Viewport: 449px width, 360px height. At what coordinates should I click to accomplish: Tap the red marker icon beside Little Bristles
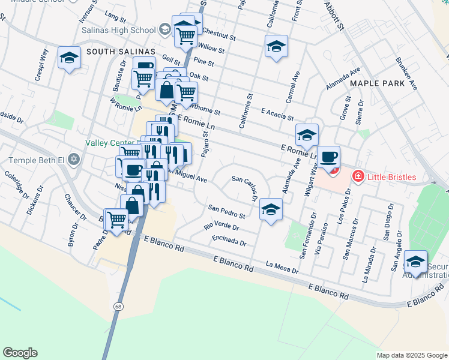coord(358,176)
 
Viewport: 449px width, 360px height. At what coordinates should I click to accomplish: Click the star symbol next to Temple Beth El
coord(73,160)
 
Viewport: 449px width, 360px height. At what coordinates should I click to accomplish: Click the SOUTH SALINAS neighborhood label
coord(121,52)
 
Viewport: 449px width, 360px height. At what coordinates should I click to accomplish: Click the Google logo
coord(20,352)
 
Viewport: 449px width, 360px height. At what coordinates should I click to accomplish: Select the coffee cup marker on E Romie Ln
coord(328,157)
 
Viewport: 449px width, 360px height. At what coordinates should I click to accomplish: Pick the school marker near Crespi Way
coord(70,58)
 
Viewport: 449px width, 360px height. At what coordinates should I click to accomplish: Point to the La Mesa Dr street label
coord(282,267)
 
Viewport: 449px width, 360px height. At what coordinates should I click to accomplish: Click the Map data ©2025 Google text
coord(412,355)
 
